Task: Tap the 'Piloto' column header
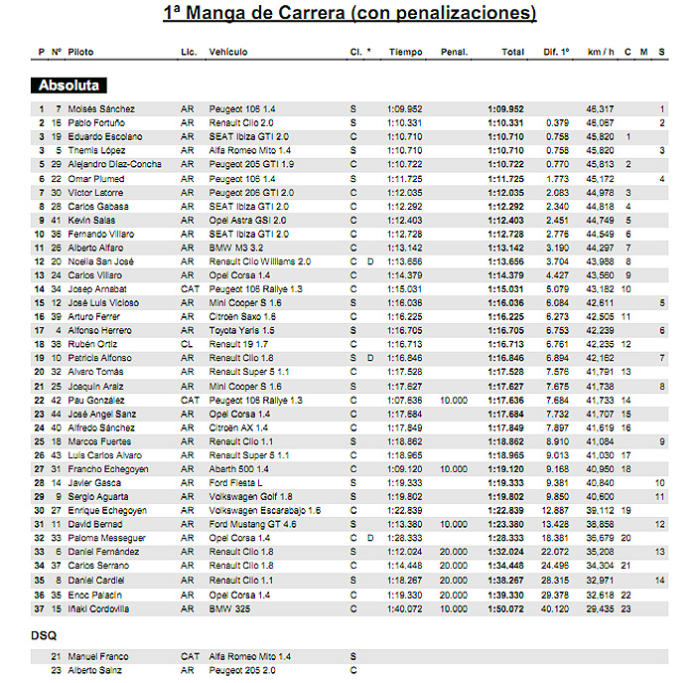81,51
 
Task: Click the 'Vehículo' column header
228,51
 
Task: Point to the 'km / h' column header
600,51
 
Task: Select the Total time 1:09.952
505,108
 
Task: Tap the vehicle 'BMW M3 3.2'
235,247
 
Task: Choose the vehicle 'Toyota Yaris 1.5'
242,330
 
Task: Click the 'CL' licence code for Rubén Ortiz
186,344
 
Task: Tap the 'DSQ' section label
44,632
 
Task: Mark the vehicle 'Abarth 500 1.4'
238,468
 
